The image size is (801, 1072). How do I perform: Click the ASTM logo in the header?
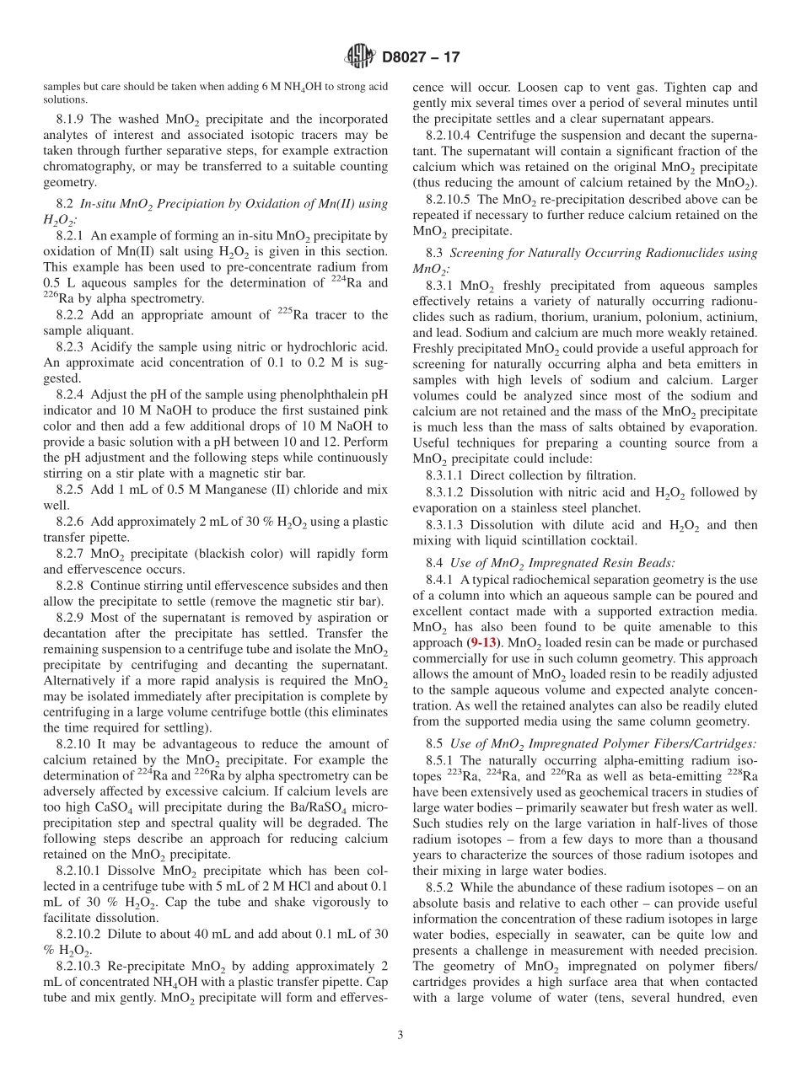[360, 57]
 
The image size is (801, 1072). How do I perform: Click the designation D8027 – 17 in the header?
[421, 58]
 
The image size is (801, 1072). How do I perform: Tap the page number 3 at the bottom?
[400, 1035]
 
